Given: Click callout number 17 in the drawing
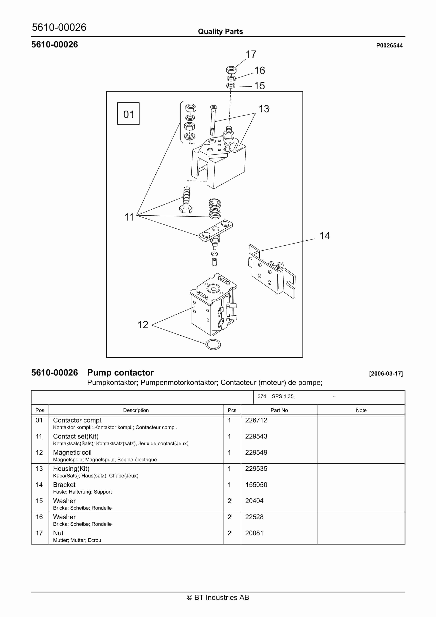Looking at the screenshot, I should coord(251,54).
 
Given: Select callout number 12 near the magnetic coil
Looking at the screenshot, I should coord(143,325).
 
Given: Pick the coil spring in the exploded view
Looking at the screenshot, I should coord(215,208).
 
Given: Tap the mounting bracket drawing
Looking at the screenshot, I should coord(271,271).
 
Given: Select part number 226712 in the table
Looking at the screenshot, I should coord(256,420).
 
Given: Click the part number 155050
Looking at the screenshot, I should coord(256,485).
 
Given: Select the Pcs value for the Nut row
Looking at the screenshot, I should coord(229,533).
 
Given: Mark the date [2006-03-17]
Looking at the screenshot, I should coord(386,374).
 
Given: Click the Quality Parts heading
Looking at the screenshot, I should coord(220,32).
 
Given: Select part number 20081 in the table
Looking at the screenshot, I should coord(254,533).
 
